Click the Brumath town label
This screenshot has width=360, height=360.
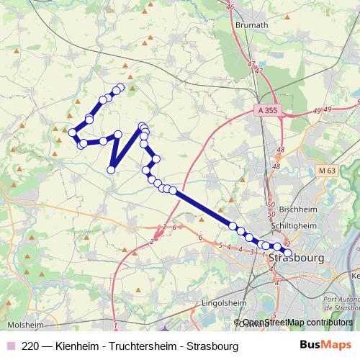click(252, 24)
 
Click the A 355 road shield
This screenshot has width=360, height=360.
click(266, 112)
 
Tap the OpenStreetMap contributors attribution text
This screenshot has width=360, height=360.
click(297, 323)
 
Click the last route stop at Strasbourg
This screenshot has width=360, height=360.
click(288, 253)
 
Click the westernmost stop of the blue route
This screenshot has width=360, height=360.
click(72, 132)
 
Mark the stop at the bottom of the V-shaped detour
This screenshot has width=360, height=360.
click(112, 170)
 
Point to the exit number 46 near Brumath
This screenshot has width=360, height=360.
click(230, 7)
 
